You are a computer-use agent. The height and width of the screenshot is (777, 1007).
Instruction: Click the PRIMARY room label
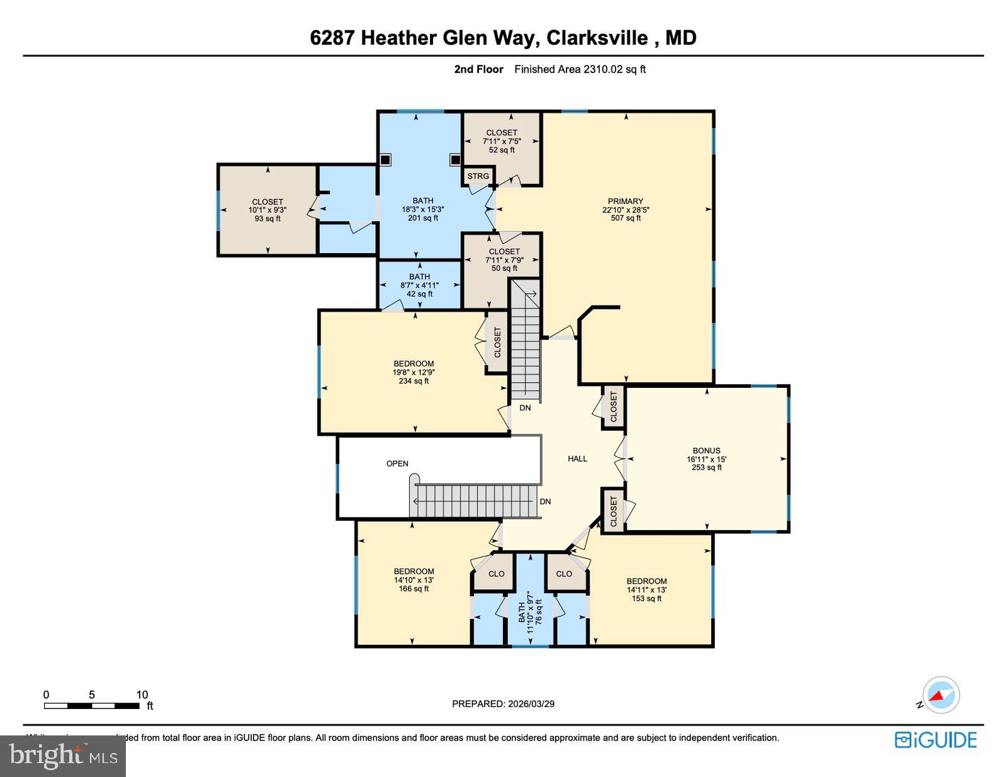pyautogui.click(x=625, y=210)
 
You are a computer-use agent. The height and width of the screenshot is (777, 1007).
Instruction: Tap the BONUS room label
pyautogui.click(x=706, y=459)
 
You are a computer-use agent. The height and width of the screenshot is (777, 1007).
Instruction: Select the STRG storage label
pyautogui.click(x=478, y=176)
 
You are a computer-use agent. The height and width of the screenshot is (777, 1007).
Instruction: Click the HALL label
pyautogui.click(x=577, y=458)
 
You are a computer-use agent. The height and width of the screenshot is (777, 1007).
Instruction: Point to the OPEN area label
pyautogui.click(x=397, y=463)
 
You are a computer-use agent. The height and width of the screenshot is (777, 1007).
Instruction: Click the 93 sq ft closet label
pyautogui.click(x=267, y=210)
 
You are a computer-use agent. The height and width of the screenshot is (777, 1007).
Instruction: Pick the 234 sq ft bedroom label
pyautogui.click(x=413, y=372)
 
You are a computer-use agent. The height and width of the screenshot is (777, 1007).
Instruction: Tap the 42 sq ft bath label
pyautogui.click(x=419, y=285)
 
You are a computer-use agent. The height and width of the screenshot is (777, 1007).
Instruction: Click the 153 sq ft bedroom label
pyautogui.click(x=646, y=590)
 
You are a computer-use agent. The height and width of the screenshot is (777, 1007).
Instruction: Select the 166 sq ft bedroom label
pyautogui.click(x=413, y=580)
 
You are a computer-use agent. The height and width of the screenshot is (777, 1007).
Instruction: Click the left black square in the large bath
pyautogui.click(x=385, y=160)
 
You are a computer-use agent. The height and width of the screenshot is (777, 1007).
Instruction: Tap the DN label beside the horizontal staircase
pyautogui.click(x=545, y=502)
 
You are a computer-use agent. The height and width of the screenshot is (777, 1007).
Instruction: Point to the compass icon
pyautogui.click(x=941, y=695)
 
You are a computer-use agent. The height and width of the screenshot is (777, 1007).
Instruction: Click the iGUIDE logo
pyautogui.click(x=936, y=739)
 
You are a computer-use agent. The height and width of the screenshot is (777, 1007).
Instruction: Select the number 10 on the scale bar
pyautogui.click(x=142, y=695)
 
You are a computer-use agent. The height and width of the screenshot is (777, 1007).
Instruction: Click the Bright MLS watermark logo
pyautogui.click(x=63, y=756)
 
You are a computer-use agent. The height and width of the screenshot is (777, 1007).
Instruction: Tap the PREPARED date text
pyautogui.click(x=503, y=704)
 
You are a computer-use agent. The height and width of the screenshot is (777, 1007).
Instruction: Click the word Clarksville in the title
pyautogui.click(x=597, y=38)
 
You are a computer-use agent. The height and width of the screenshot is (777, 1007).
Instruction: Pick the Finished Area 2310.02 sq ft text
pyautogui.click(x=580, y=69)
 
